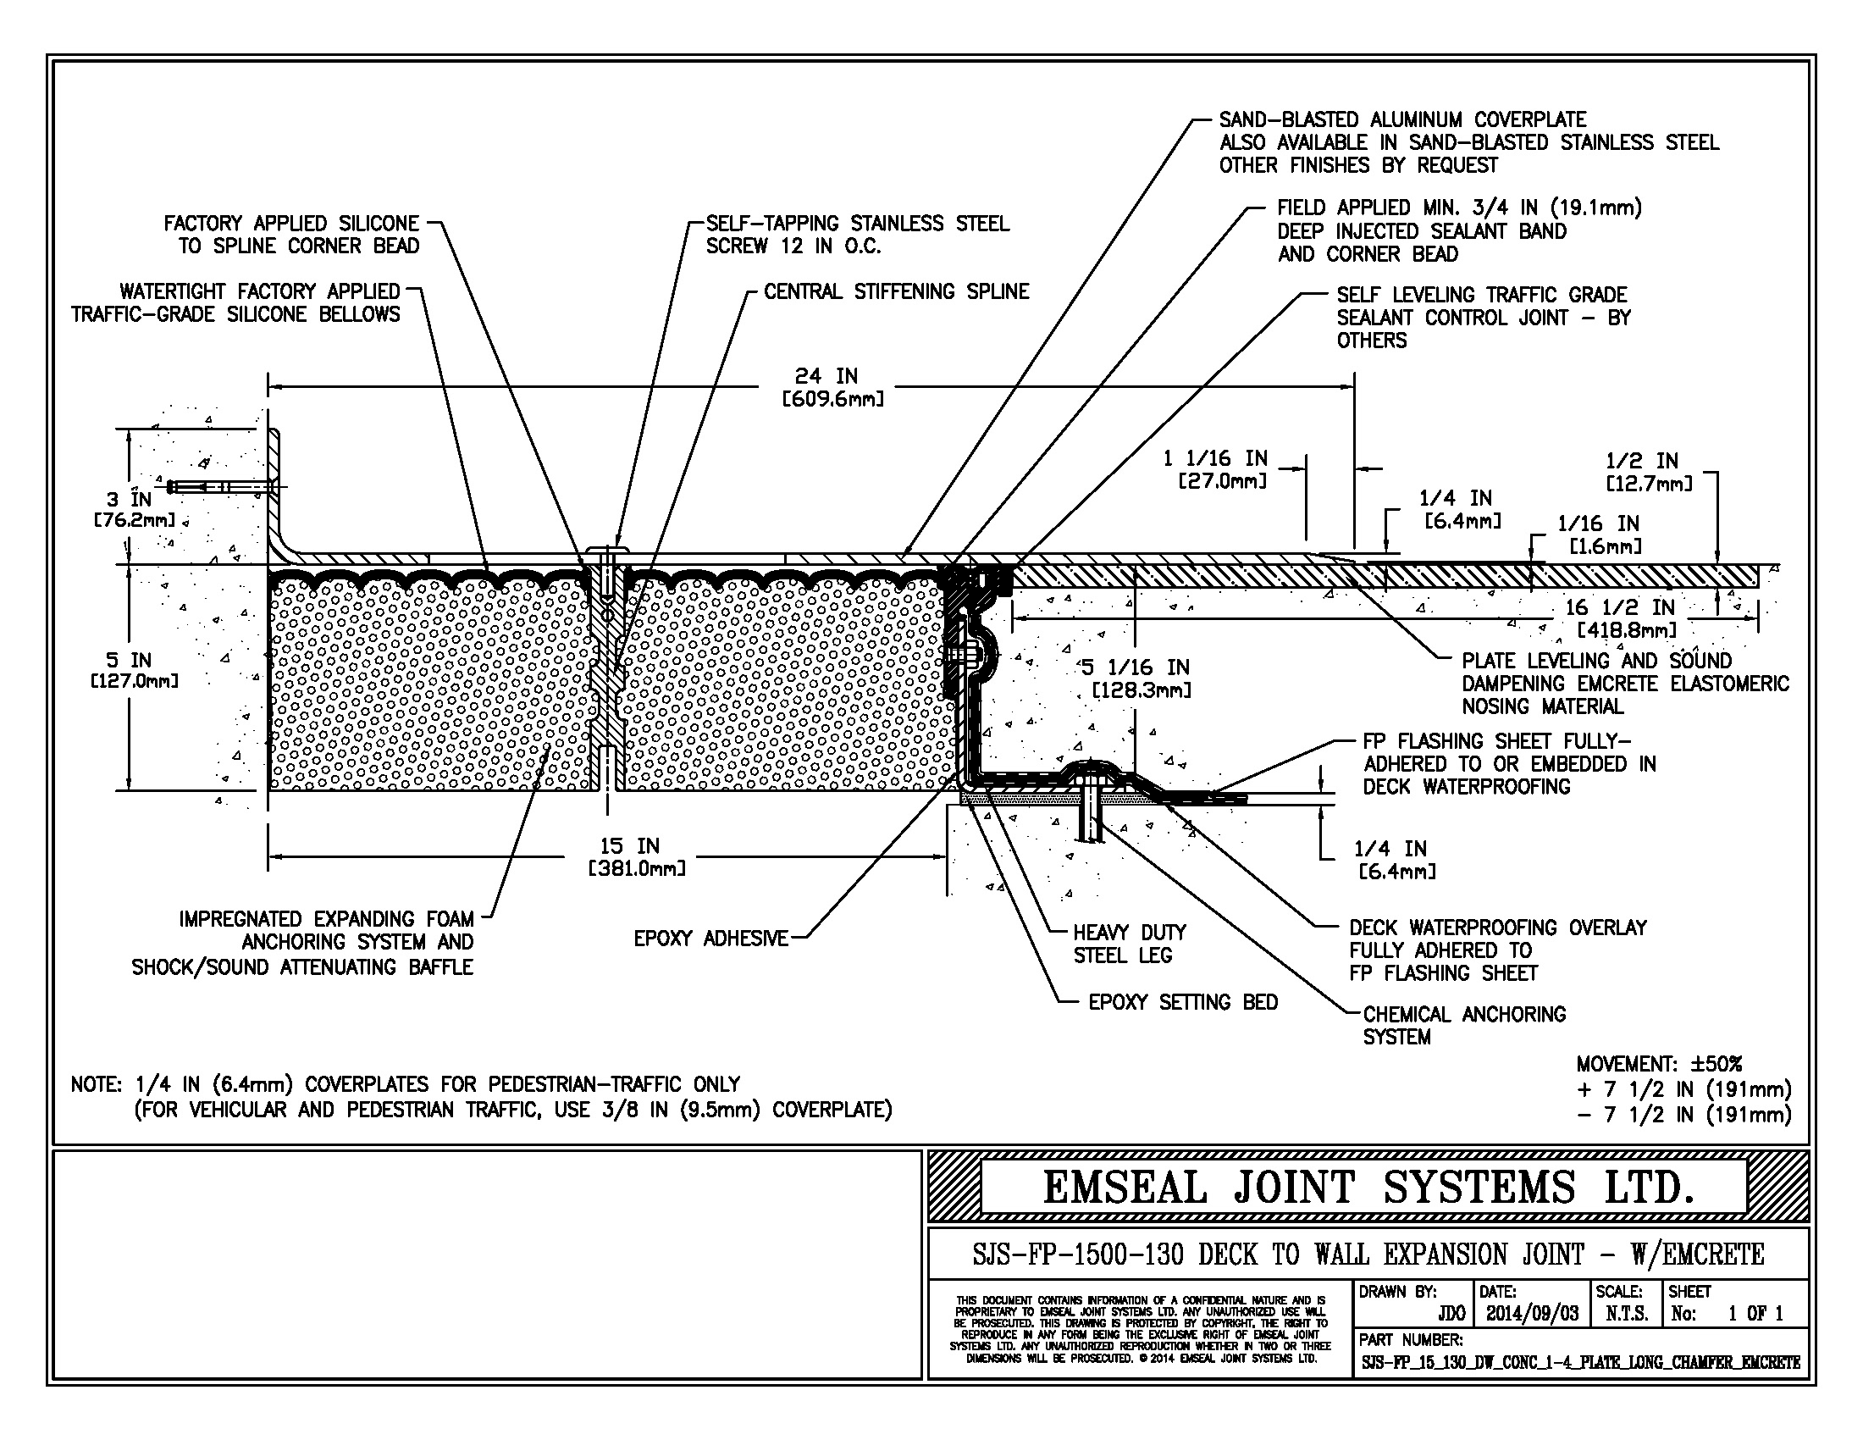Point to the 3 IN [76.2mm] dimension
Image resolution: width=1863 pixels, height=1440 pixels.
pos(133,509)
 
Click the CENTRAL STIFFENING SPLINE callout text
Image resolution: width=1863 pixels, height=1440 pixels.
pos(896,291)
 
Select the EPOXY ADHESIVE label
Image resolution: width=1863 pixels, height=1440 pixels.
pos(710,939)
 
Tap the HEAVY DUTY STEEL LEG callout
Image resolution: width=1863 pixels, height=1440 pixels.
pos(1129,944)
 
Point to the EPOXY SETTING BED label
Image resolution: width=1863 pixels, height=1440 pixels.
pos(1182,1002)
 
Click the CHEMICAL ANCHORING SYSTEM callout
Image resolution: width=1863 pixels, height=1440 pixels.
pos(1463,1026)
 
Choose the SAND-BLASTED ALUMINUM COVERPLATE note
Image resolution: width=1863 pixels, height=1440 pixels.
pos(1401,120)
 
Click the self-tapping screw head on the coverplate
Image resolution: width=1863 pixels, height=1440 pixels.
pos(606,548)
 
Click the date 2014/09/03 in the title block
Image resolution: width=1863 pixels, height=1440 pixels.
pos(1532,1314)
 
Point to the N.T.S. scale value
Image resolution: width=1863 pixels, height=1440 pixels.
pos(1627,1314)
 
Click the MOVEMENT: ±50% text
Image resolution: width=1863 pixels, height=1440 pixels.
pos(1658,1065)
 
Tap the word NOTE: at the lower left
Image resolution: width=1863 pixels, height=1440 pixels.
pos(97,1085)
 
